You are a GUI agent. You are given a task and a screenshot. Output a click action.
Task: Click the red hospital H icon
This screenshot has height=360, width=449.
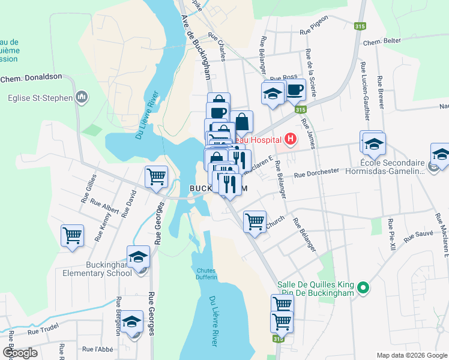pos(291,140)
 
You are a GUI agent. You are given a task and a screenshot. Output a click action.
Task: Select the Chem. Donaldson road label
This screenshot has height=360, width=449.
pos(31,78)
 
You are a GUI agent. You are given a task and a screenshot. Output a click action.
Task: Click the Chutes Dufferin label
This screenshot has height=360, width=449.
pos(206,274)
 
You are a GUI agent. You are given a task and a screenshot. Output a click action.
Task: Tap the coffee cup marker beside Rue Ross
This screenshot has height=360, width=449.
pos(294,91)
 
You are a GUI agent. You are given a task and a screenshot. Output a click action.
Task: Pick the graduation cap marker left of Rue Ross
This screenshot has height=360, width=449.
pos(273,94)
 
